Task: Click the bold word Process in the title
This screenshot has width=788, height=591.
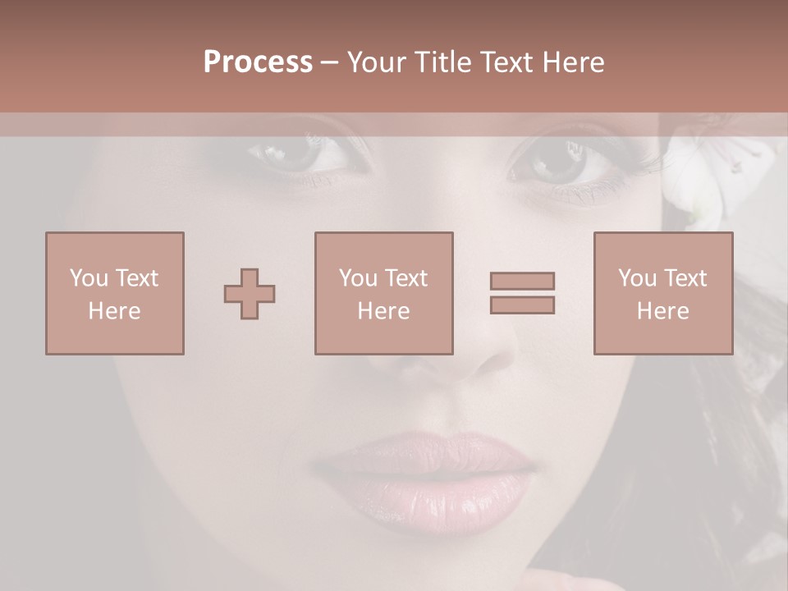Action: [x=258, y=62]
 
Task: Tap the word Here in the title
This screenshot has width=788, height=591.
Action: [x=572, y=62]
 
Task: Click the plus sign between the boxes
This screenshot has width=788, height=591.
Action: [x=250, y=294]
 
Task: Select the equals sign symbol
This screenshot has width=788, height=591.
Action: [x=522, y=293]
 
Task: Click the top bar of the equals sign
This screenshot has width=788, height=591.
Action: [x=522, y=281]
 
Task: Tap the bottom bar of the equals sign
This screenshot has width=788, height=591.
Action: [x=522, y=305]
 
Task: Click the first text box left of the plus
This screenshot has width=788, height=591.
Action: [x=115, y=293]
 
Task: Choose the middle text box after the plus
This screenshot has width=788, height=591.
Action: [x=383, y=293]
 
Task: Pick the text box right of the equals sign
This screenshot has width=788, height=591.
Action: [x=663, y=293]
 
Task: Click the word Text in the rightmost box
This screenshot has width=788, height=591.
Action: [x=685, y=278]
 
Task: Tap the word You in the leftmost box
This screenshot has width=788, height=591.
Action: [x=89, y=278]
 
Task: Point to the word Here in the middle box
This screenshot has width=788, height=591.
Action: [x=383, y=311]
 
